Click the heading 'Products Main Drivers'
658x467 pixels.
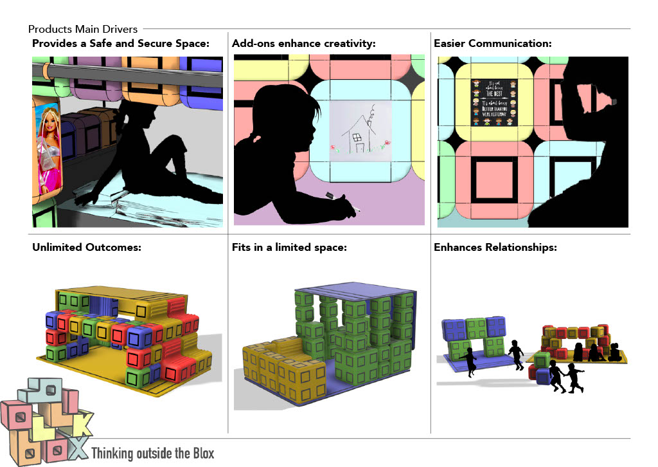click(x=83, y=30)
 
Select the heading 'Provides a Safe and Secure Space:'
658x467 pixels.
click(x=121, y=44)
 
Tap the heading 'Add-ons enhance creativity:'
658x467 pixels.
click(x=303, y=44)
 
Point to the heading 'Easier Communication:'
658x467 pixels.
click(x=493, y=44)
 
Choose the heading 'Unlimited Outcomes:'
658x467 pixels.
click(x=87, y=247)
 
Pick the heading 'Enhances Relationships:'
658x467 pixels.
click(x=495, y=247)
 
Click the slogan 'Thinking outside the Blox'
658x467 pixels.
click(x=153, y=453)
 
